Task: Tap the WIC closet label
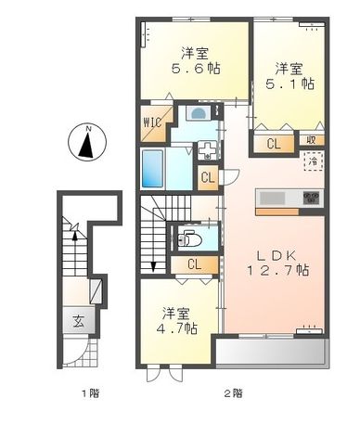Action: click(152, 121)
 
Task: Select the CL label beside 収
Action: click(274, 144)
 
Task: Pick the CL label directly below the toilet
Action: click(194, 264)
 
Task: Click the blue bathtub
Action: click(153, 170)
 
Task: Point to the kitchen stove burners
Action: click(309, 198)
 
